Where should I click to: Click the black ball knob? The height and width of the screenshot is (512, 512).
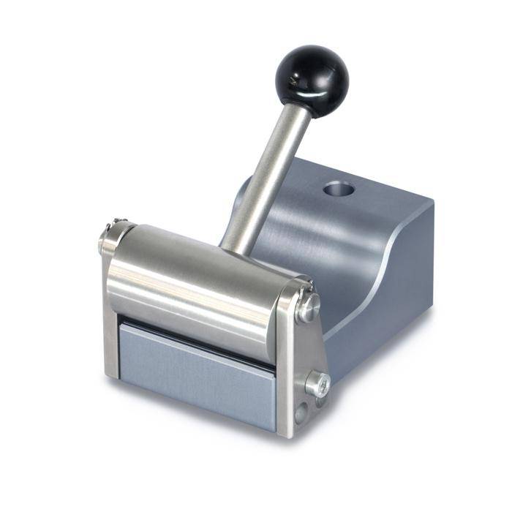tap(312, 74)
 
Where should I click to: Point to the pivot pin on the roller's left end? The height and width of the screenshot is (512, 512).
tap(108, 238)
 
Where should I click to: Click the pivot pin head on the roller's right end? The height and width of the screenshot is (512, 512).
tap(308, 307)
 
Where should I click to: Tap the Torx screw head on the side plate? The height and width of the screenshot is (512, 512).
tap(318, 383)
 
